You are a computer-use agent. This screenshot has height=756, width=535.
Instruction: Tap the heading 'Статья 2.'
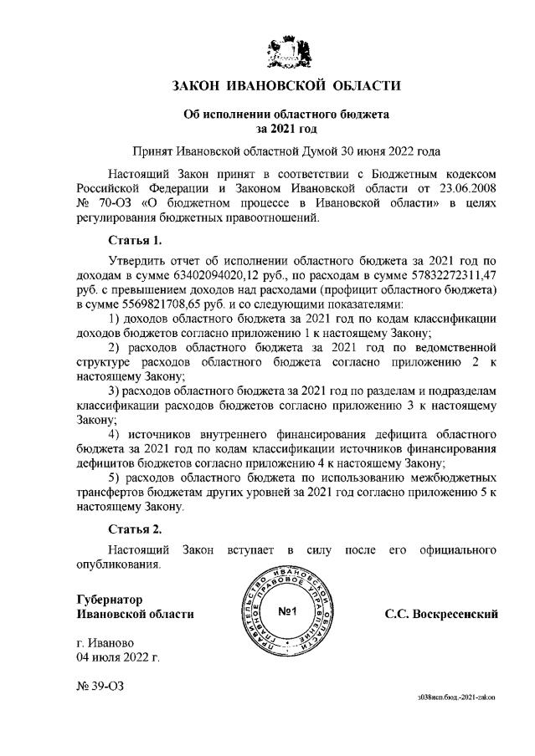pos(135,529)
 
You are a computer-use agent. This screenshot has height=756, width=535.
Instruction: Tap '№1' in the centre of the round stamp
pos(287,614)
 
